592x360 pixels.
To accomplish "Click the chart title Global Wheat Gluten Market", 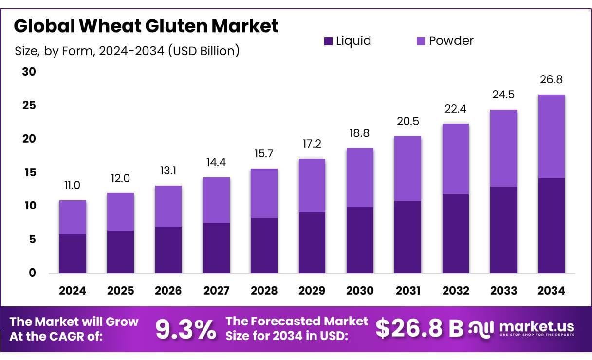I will (146, 25).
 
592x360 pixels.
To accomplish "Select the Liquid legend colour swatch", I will (328, 41).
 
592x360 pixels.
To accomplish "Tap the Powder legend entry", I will (450, 41).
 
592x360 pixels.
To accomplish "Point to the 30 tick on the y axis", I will (29, 72).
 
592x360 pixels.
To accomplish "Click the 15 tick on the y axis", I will (29, 172).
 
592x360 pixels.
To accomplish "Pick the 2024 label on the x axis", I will (73, 291).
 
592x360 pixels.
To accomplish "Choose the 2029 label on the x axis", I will (312, 291).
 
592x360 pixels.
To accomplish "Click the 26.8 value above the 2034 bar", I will (552, 79).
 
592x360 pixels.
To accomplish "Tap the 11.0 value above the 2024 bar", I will (73, 186).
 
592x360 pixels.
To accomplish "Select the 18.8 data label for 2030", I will (360, 133).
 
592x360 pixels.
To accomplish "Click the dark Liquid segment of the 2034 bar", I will (552, 226).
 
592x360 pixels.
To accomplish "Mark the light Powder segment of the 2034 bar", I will (552, 136).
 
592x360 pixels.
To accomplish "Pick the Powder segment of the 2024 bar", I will (73, 217).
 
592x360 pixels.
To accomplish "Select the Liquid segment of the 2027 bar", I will (216, 247).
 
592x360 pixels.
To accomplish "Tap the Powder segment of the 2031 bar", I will (408, 169).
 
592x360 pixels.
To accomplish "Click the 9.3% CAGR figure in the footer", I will (185, 330).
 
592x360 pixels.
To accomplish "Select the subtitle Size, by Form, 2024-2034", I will (127, 51).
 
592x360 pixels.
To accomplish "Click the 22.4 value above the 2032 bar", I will (456, 109).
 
